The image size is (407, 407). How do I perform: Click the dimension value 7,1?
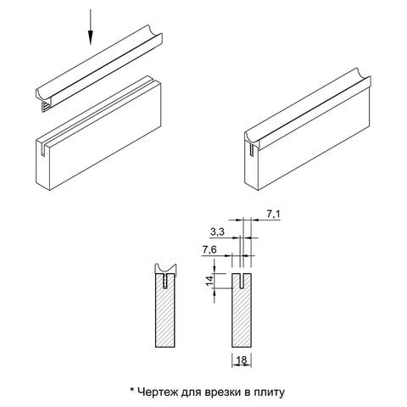tap(273, 215)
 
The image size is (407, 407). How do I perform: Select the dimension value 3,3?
tap(217, 232)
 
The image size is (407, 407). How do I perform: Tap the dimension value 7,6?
tap(209, 250)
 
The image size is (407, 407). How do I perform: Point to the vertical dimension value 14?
tap(209, 281)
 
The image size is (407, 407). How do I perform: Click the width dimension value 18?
tap(242, 360)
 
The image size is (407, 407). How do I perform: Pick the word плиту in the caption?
tap(269, 393)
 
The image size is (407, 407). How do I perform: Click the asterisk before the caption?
tap(131, 390)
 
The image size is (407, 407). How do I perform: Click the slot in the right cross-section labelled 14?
tap(242, 281)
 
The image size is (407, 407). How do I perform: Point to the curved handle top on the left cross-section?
tap(165, 270)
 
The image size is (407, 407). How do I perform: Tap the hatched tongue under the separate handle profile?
tap(45, 108)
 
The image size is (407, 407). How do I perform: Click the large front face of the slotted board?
tap(105, 136)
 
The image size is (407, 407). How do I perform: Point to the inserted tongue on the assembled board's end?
tap(252, 149)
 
